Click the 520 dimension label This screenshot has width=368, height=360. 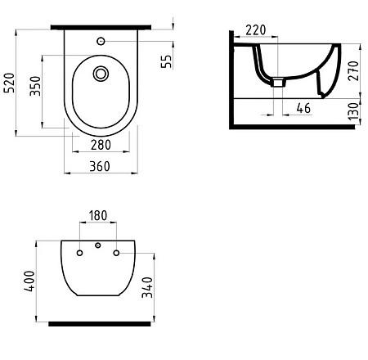click(x=10, y=81)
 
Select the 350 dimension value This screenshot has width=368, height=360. click(x=35, y=88)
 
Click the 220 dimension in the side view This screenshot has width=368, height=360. click(x=256, y=30)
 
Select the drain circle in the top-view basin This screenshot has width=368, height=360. click(x=101, y=74)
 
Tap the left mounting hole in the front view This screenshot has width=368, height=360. click(x=79, y=253)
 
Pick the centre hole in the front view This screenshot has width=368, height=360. click(x=98, y=246)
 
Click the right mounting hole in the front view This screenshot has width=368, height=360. click(x=117, y=253)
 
